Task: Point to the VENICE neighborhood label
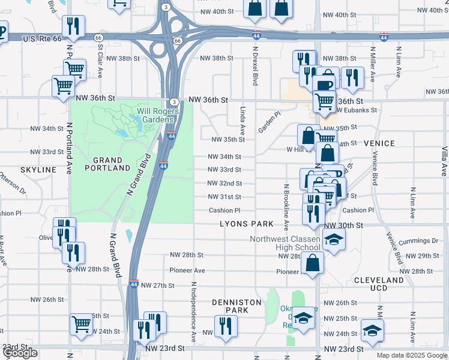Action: [379, 143]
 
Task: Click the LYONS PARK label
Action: [246, 224]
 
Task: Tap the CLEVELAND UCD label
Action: [379, 284]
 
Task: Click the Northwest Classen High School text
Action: [285, 243]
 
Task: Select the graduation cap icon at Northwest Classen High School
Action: [333, 240]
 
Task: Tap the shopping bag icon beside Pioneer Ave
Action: [313, 262]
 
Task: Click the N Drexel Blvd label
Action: [255, 67]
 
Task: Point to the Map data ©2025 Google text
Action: [412, 355]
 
